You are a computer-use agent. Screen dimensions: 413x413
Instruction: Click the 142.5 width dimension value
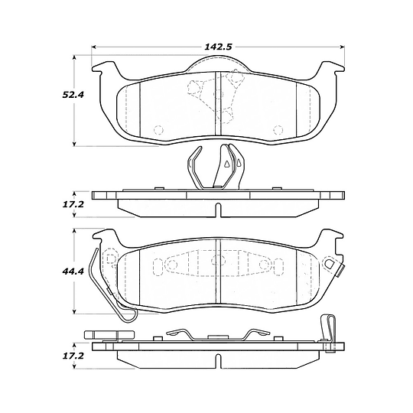[218, 47]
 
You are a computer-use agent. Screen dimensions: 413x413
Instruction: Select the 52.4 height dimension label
[73, 95]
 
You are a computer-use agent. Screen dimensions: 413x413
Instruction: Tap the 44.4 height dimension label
[73, 271]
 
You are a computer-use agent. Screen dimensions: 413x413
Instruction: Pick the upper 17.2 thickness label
[73, 204]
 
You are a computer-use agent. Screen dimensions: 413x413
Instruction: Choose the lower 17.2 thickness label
[73, 356]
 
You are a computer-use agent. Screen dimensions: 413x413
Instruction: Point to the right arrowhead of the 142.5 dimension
[343, 47]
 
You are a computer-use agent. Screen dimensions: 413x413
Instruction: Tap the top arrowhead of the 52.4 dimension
[74, 57]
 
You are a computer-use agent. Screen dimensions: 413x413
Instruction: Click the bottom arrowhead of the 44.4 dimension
[74, 311]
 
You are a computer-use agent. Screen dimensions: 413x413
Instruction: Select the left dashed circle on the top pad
[158, 130]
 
